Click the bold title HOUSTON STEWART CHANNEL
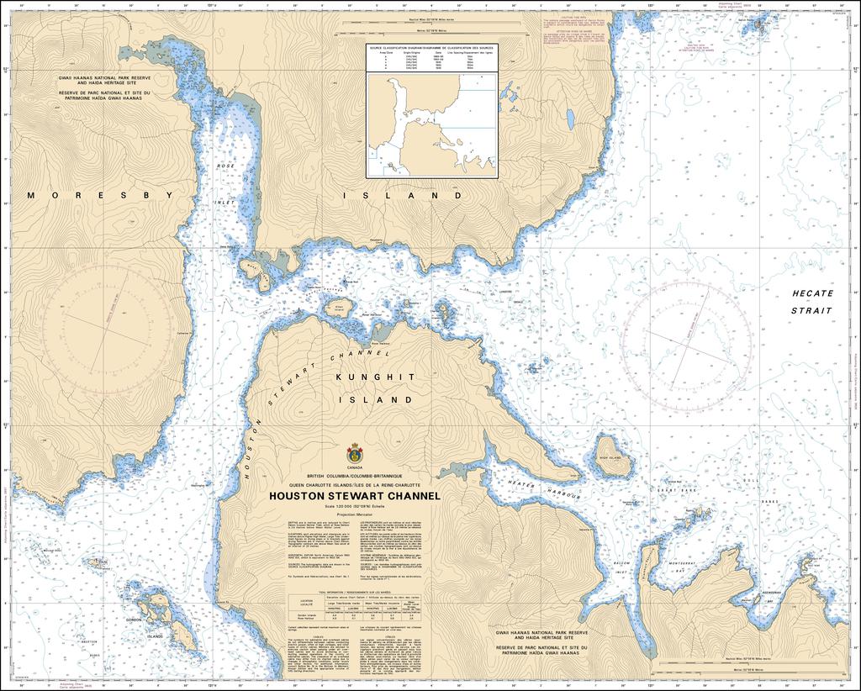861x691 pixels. [354, 496]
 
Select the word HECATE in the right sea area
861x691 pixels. [812, 293]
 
